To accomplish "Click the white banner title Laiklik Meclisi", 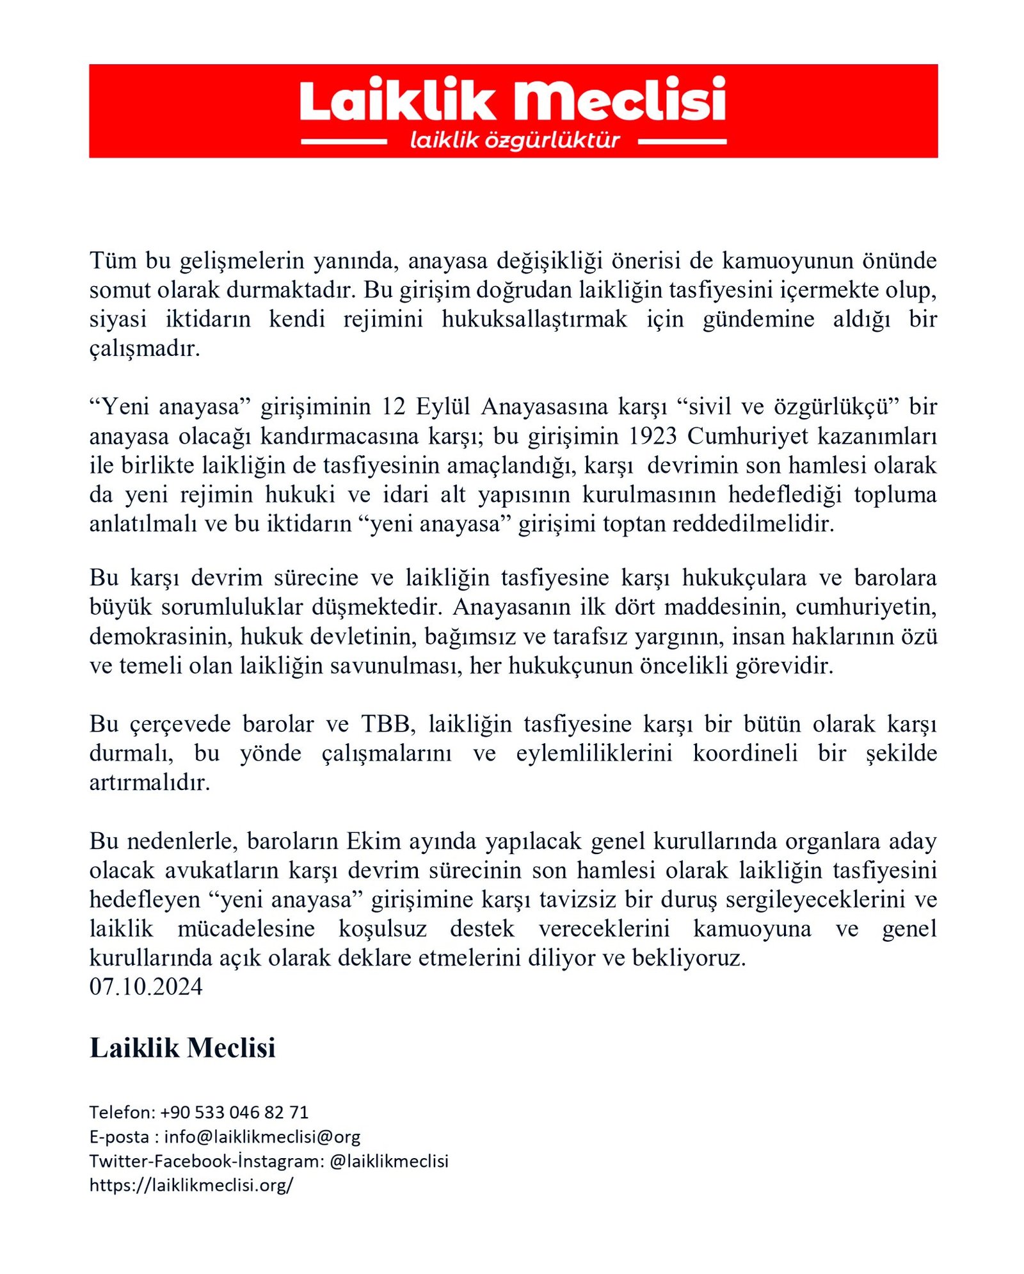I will tap(512, 101).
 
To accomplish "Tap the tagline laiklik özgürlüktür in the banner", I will tap(515, 140).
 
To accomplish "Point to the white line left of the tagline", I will tap(344, 141).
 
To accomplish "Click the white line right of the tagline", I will tap(682, 141).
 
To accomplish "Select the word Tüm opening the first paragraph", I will tap(113, 261).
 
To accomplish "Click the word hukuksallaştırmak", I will tap(534, 319).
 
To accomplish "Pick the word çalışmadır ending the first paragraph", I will tap(144, 349).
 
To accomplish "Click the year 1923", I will tap(652, 436).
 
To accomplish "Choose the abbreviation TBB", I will tap(386, 724).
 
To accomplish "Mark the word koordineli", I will tap(745, 753).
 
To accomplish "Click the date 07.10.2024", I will tap(146, 987).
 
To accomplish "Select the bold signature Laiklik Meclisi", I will tap(182, 1048).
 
